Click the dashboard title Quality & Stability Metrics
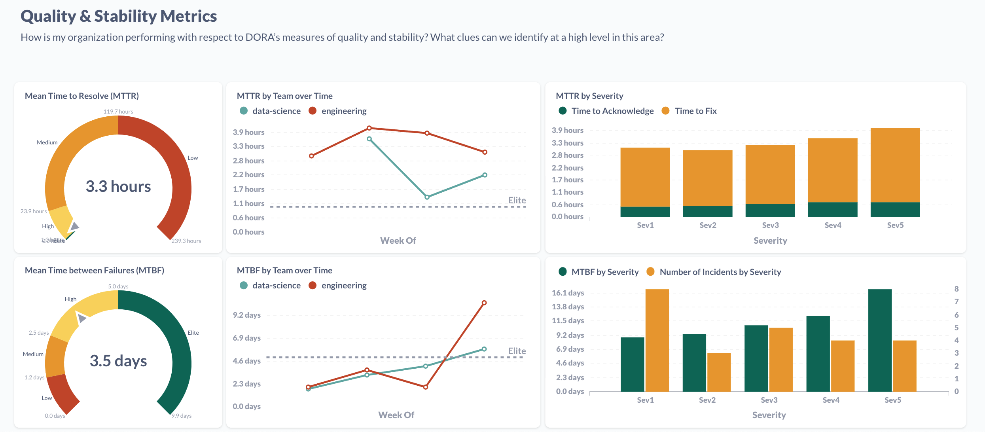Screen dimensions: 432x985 [119, 17]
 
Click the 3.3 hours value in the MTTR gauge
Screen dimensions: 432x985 [118, 186]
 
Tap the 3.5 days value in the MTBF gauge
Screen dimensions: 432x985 [118, 361]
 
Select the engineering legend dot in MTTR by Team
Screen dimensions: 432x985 [313, 111]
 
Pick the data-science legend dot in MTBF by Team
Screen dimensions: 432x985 [244, 285]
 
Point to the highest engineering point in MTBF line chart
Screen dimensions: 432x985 [484, 303]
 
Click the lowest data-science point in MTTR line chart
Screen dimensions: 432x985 [427, 197]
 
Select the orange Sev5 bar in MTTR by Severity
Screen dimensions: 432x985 [895, 165]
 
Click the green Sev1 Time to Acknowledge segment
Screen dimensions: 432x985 [645, 212]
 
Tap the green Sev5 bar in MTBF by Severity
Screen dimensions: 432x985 [880, 340]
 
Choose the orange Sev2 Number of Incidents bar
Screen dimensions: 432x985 [719, 372]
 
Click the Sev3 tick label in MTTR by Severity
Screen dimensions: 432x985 [770, 225]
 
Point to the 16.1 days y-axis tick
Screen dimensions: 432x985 [568, 293]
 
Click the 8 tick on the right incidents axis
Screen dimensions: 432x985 [957, 289]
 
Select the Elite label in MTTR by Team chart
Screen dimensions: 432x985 [517, 200]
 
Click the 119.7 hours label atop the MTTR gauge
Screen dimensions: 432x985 [118, 112]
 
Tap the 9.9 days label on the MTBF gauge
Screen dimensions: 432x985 [182, 416]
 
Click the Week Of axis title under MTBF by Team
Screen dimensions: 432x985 [396, 415]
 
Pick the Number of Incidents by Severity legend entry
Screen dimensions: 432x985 [720, 272]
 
